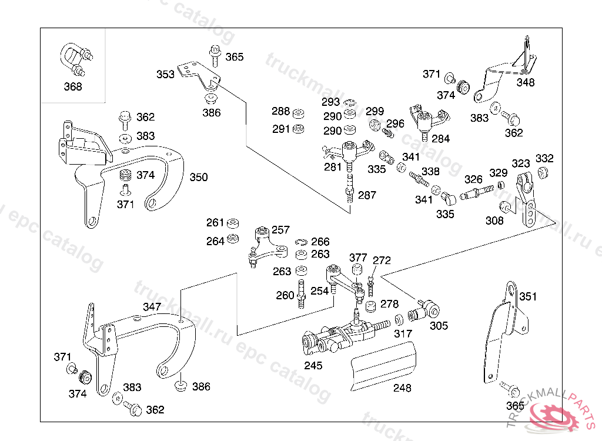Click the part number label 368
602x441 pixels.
click(x=73, y=86)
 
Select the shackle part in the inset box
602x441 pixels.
click(x=73, y=61)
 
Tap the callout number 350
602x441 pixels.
click(x=199, y=177)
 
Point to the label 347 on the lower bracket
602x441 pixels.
click(x=152, y=307)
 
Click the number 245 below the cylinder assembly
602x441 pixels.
click(x=313, y=366)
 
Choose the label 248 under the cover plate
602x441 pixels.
click(x=402, y=388)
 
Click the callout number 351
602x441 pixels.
click(x=528, y=296)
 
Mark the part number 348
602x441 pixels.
click(x=526, y=83)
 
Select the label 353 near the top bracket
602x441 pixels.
click(x=165, y=75)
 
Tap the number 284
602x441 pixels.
click(x=440, y=139)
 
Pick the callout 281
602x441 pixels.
click(x=333, y=167)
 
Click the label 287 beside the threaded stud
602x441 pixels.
click(x=367, y=195)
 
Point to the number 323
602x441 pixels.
click(x=521, y=163)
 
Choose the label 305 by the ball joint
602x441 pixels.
click(x=439, y=326)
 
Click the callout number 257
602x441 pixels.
click(x=280, y=229)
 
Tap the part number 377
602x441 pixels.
click(x=358, y=258)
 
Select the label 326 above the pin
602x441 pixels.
click(x=473, y=179)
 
